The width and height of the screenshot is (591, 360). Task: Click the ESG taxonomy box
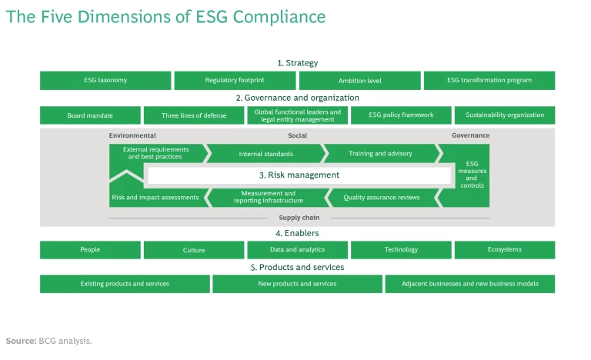point(105,81)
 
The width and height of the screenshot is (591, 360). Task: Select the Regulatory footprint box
point(235,81)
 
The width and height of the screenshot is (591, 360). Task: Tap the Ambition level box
point(359,81)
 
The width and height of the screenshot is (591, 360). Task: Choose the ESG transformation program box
point(489,81)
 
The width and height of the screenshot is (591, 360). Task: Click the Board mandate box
point(90,115)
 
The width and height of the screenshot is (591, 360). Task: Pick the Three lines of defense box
point(194,115)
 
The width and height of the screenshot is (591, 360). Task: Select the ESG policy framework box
point(401,115)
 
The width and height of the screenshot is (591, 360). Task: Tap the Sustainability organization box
point(504,115)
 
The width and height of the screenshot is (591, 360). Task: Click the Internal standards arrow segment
point(265,154)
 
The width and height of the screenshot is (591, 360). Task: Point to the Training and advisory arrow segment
point(380,154)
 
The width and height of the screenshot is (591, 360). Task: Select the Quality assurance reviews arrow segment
point(382,198)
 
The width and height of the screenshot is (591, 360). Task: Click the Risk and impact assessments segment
point(155,198)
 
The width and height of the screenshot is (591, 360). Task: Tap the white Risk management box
point(299,175)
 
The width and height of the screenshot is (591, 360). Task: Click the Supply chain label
point(299,218)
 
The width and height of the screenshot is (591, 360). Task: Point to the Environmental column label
point(132,135)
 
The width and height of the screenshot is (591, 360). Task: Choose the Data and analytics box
point(297,250)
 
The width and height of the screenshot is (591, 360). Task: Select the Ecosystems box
point(504,250)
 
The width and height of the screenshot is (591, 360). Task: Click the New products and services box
point(297,284)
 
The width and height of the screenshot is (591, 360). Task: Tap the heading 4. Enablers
point(297,233)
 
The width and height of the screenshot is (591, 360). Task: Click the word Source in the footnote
point(21,341)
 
